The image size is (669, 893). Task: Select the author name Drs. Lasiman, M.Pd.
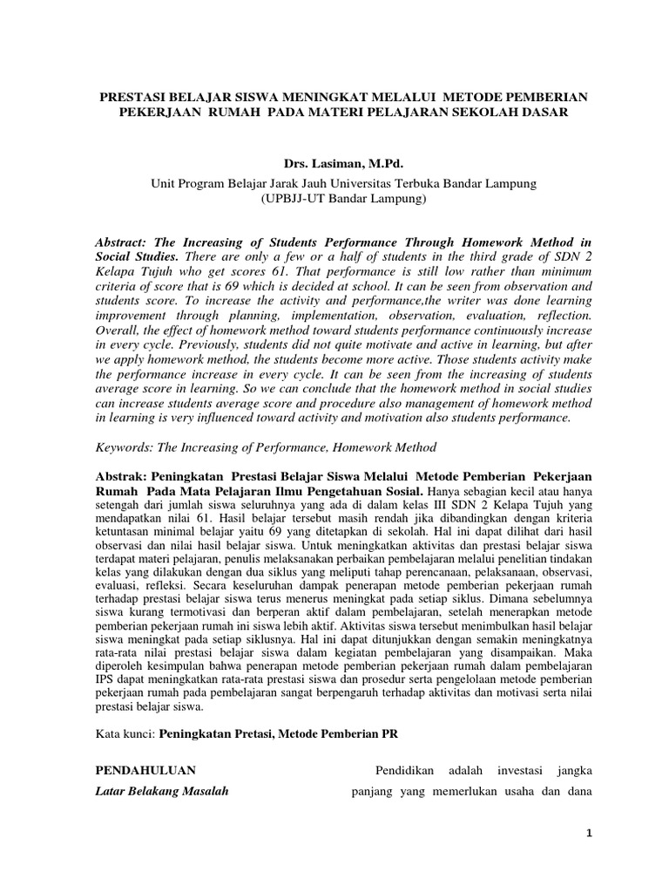coord(334,163)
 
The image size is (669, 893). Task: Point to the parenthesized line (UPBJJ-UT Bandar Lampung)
coord(334,199)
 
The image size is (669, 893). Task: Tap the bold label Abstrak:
coord(120,478)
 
